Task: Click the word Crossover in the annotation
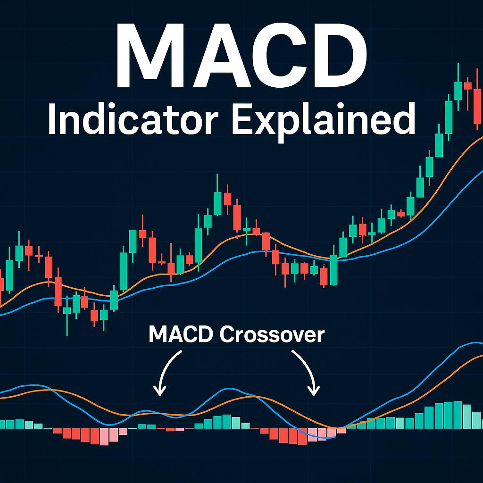click(x=272, y=334)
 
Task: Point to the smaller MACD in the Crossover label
click(x=181, y=334)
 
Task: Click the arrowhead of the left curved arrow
click(x=160, y=391)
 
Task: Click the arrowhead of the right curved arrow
click(x=314, y=391)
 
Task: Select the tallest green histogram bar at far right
click(x=457, y=415)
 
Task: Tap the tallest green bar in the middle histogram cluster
click(x=226, y=421)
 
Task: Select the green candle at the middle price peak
click(x=217, y=203)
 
